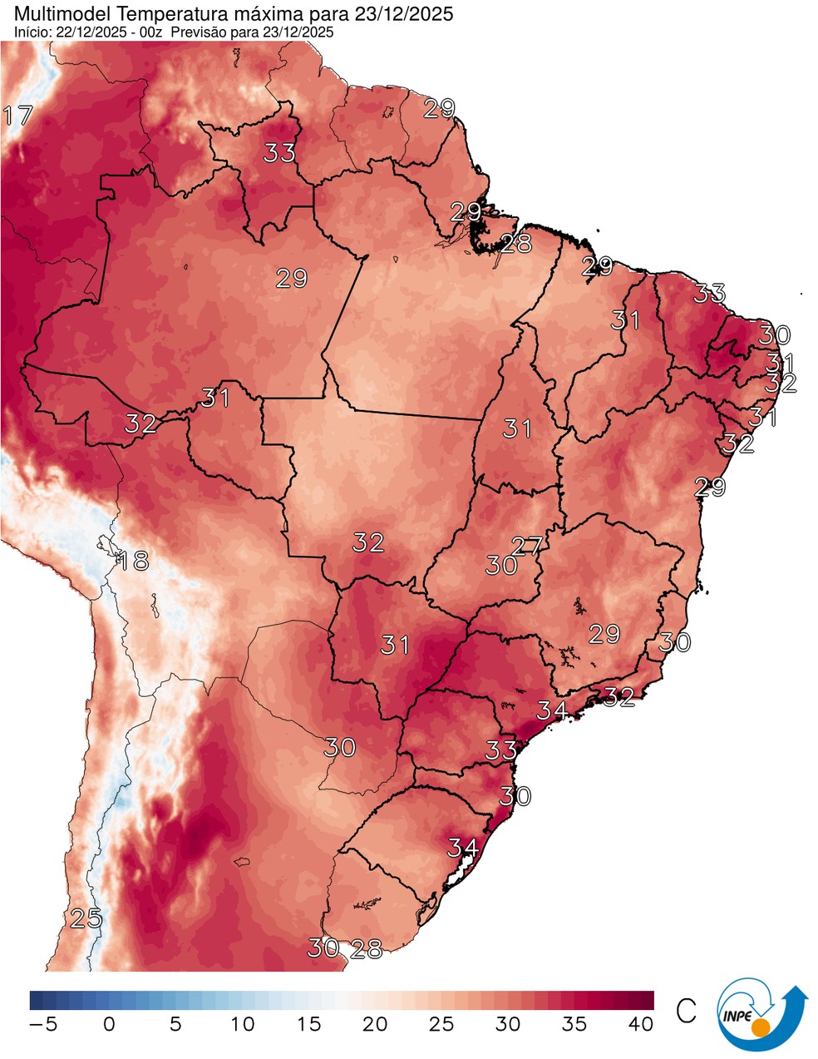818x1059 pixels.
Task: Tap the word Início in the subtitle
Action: click(31, 32)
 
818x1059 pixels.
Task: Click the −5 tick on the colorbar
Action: click(43, 1024)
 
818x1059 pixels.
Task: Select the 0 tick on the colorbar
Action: click(109, 1024)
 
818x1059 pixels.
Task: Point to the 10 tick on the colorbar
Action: click(242, 1024)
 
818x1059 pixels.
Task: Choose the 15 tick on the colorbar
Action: click(308, 1024)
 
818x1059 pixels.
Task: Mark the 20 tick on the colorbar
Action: click(375, 1024)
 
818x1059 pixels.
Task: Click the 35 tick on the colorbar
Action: click(574, 1024)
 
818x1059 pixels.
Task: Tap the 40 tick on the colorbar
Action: click(641, 1024)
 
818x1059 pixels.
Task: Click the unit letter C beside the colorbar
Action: click(687, 1012)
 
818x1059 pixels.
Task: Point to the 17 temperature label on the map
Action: click(17, 116)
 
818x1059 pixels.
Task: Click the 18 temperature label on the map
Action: click(132, 561)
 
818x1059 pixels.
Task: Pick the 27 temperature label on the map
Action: click(527, 547)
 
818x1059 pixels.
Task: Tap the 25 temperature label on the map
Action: click(86, 919)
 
